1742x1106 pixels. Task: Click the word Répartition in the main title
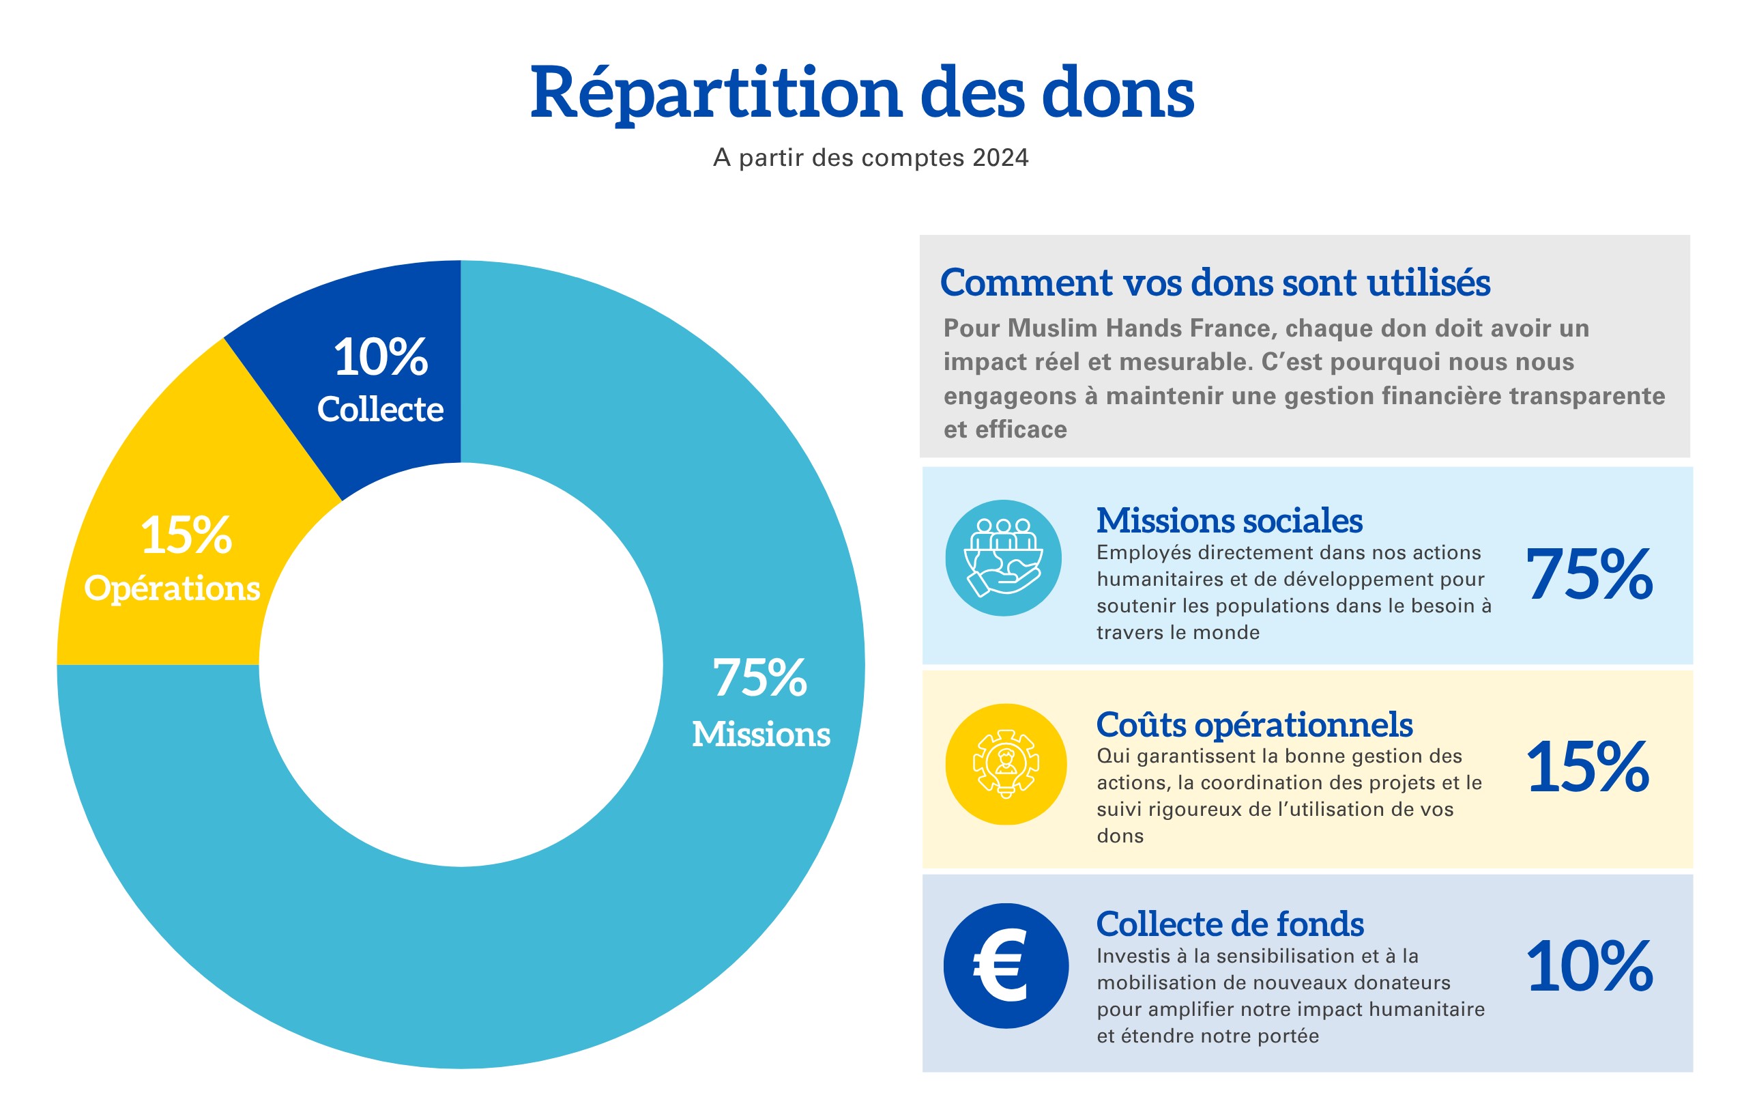click(714, 94)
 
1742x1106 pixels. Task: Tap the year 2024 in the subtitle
click(1000, 158)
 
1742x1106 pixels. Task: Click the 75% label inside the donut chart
click(759, 678)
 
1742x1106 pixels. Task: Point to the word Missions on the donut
click(761, 734)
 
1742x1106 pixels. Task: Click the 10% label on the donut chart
click(381, 357)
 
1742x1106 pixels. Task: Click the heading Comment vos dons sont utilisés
click(1215, 282)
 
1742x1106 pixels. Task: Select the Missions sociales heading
click(1229, 520)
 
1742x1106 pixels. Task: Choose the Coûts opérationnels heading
click(1253, 724)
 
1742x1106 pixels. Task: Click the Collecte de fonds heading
click(1230, 924)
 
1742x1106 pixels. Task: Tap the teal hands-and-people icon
click(1004, 558)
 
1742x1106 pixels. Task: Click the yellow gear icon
click(1006, 764)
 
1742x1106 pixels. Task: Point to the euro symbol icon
click(1006, 965)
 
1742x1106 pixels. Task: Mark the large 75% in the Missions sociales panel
click(1589, 575)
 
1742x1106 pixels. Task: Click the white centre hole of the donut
click(461, 664)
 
